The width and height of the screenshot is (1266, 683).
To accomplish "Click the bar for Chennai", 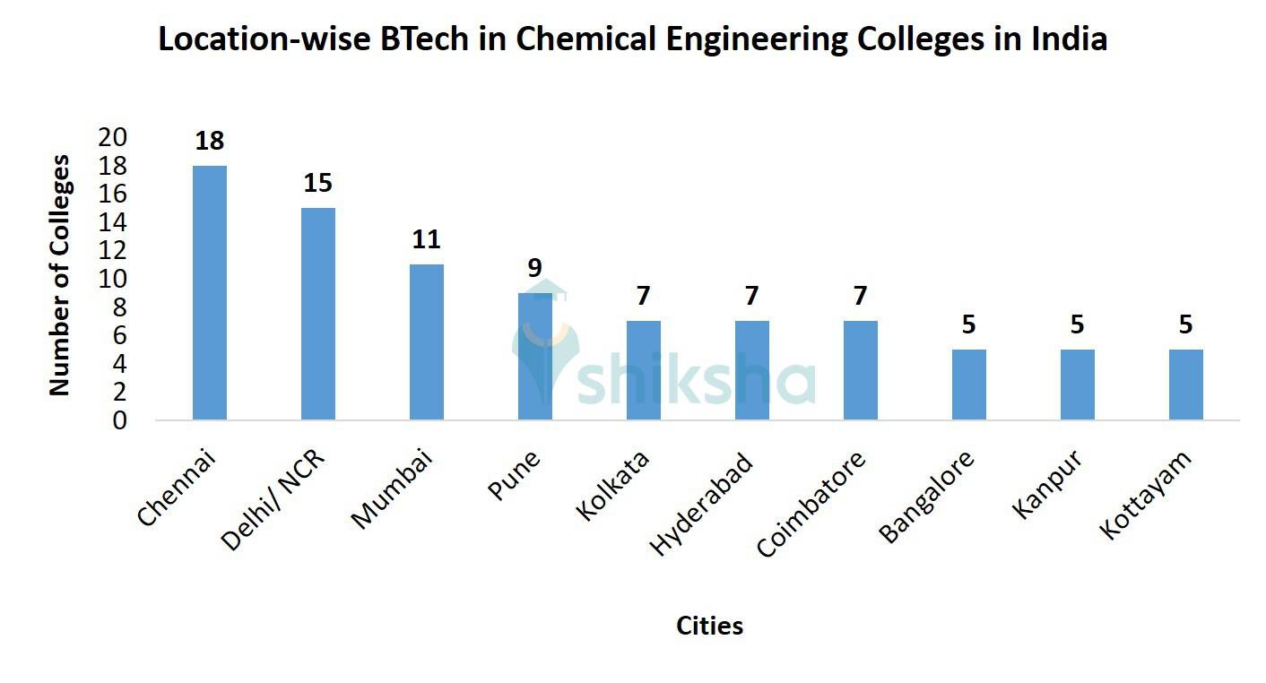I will (210, 293).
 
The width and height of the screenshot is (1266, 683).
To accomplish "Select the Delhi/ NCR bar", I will (318, 314).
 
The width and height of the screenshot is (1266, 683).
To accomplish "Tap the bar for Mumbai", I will (427, 342).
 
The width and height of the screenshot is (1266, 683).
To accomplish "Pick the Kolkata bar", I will (644, 370).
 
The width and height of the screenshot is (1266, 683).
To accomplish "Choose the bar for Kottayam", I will (1186, 385).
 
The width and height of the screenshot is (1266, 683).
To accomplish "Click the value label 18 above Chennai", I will (210, 142).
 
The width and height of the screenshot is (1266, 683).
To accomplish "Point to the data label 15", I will (318, 184).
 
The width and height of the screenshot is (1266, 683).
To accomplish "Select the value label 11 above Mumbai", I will (427, 240).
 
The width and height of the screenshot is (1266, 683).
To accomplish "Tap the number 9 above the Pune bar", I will (535, 268).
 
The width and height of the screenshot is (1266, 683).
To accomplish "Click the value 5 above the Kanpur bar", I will (1078, 324).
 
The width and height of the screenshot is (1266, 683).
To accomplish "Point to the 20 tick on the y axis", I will (114, 137).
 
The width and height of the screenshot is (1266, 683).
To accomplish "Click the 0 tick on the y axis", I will (120, 420).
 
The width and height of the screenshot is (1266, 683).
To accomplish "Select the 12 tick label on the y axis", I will (114, 251).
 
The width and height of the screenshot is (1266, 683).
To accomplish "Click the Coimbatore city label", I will (812, 504).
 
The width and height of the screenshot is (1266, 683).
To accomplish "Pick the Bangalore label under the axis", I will (926, 497).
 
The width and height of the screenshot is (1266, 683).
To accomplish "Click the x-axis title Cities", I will (709, 626).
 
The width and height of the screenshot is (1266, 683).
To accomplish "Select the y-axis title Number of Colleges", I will (59, 275).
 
